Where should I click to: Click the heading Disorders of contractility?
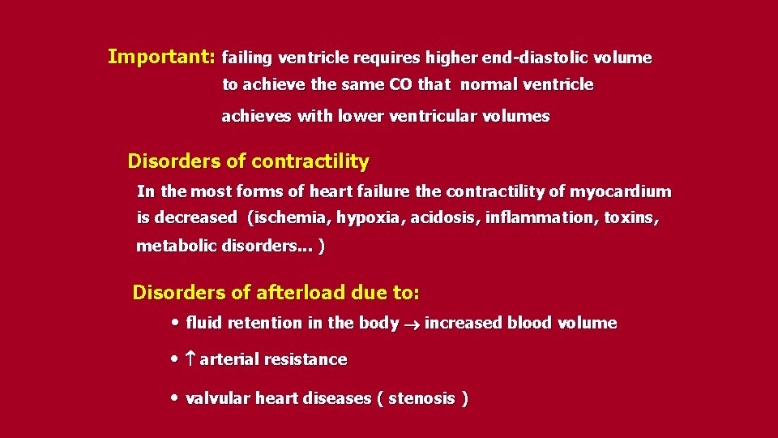(x=248, y=161)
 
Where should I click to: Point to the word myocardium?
(x=622, y=191)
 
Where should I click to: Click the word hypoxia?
(x=369, y=217)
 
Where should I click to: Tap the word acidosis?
(x=444, y=217)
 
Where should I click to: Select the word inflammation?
(x=541, y=217)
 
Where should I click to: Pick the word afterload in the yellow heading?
(x=302, y=292)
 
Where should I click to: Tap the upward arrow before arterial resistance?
(x=190, y=359)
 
